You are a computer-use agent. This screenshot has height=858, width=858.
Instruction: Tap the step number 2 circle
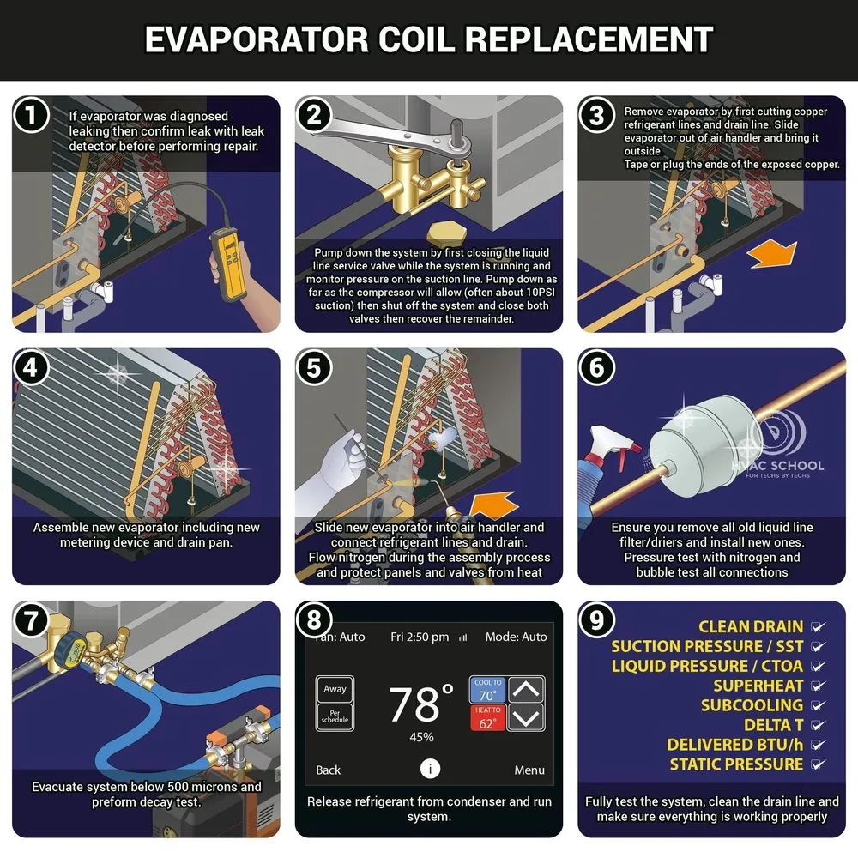click(314, 115)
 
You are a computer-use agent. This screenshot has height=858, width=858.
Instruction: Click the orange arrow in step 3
click(772, 253)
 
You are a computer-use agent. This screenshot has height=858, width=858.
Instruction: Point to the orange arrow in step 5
click(493, 505)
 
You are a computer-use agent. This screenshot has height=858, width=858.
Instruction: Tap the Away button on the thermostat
click(335, 689)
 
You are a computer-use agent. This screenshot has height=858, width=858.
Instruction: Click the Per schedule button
click(335, 716)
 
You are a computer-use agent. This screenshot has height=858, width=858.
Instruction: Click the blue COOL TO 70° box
click(487, 690)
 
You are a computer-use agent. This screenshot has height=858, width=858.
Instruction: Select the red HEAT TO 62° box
click(487, 717)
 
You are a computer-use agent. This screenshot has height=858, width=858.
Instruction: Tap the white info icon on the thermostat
click(430, 769)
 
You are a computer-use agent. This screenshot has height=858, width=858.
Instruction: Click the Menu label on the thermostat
click(529, 770)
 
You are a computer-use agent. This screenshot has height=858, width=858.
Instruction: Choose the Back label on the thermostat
click(329, 770)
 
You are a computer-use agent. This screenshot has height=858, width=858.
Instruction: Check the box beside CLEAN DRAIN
click(818, 626)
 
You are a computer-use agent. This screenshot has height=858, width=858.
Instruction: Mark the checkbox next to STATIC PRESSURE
click(818, 764)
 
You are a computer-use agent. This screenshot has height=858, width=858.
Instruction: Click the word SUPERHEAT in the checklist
click(758, 686)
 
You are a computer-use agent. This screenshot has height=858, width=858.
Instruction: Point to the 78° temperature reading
click(420, 703)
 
